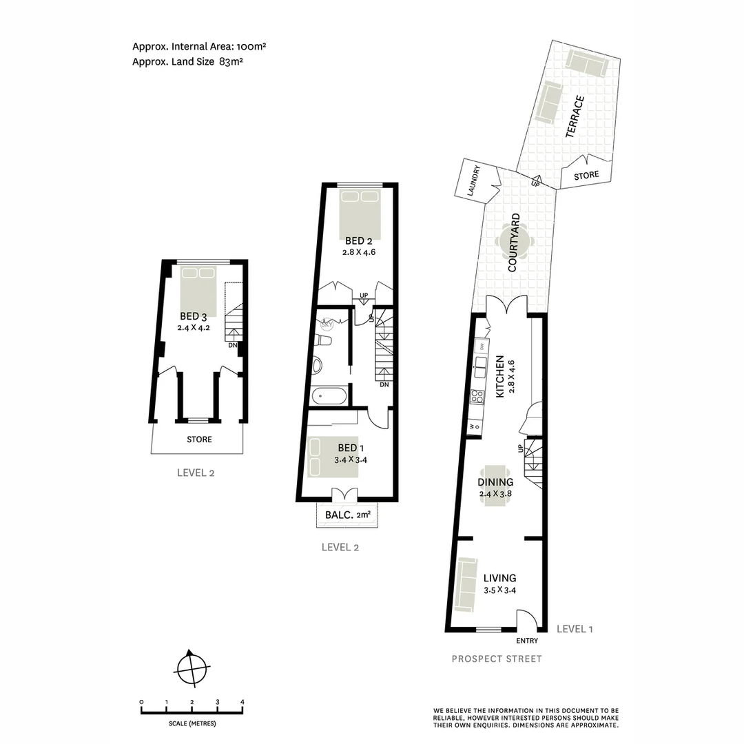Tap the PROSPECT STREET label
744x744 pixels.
pos(497,659)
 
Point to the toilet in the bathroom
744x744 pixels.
pos(322,340)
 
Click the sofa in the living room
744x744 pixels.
pos(466,584)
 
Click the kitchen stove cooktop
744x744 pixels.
pos(476,396)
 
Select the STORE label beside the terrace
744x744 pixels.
pos(586,176)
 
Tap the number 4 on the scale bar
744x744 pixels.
pos(242,701)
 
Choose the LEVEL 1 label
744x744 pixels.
pos(574,628)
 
